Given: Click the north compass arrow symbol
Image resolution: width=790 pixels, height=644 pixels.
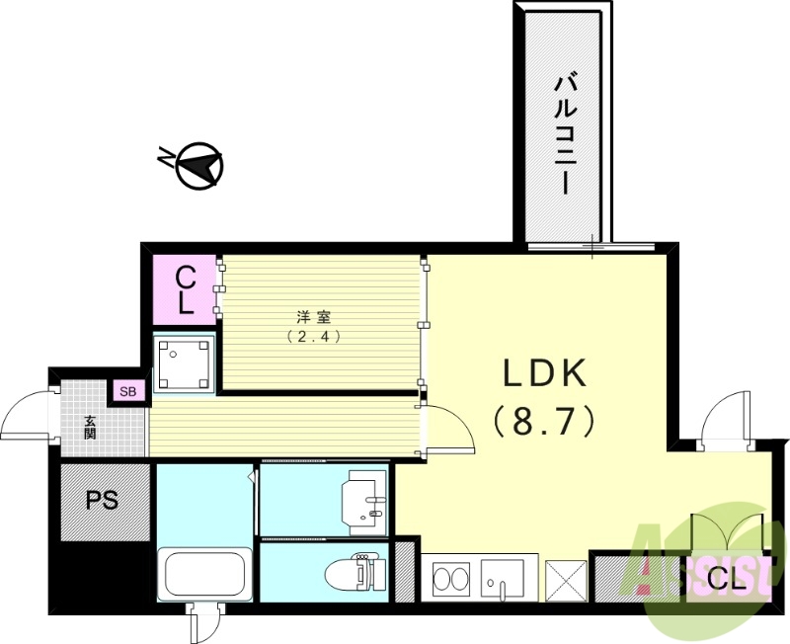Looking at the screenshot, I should click(x=196, y=165).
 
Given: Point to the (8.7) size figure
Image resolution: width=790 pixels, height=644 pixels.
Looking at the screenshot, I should click(x=546, y=422).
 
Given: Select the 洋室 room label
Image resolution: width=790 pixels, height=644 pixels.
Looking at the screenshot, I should click(x=314, y=317).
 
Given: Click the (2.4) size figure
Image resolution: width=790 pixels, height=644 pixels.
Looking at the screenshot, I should click(x=314, y=336).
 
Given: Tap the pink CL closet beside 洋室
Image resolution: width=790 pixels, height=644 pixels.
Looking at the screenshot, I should click(x=185, y=289).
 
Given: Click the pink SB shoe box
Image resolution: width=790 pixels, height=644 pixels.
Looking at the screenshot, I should click(x=128, y=391).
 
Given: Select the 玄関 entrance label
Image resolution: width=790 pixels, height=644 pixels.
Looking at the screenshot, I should click(x=90, y=427).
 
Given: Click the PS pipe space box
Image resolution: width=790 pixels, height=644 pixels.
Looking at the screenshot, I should click(x=103, y=501).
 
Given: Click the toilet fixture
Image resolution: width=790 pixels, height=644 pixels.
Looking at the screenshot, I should click(x=353, y=573).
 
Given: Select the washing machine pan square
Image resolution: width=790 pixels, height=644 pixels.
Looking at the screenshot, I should click(x=185, y=362).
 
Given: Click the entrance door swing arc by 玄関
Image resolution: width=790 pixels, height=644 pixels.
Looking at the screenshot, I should click(x=28, y=415).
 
